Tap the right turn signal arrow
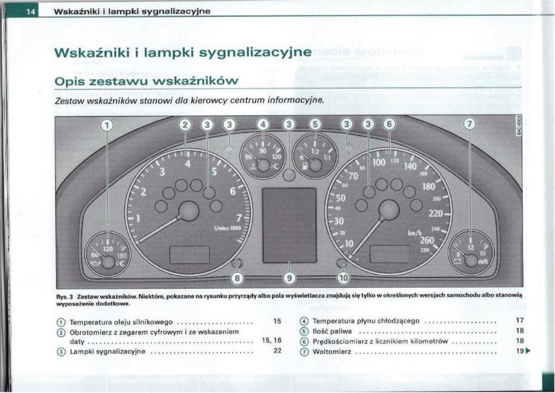coord(349,149)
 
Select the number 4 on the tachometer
coord(188,164)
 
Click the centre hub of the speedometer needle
coord(389,210)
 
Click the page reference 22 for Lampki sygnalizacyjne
coord(277,351)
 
